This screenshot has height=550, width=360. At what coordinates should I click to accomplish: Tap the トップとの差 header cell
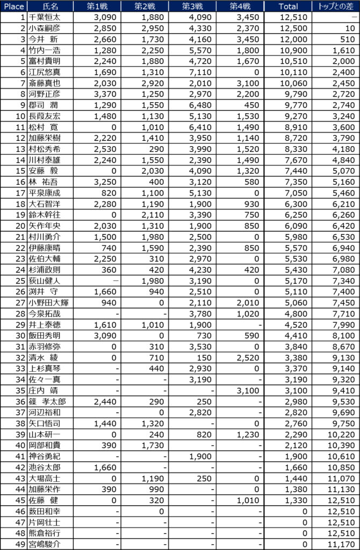point(335,6)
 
